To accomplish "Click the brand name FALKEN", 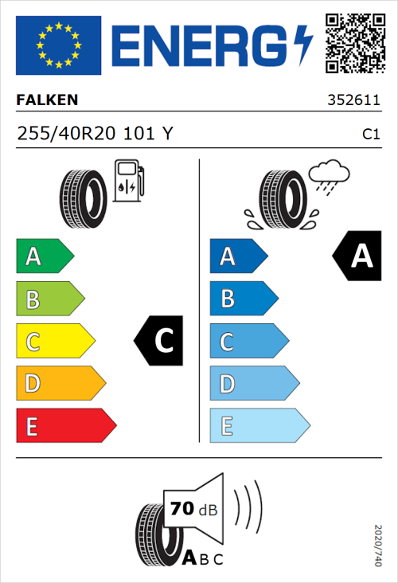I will (x=48, y=100).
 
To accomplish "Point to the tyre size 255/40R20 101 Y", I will (x=95, y=135).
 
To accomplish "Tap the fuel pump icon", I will (x=128, y=181).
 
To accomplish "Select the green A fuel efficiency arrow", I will (x=44, y=256).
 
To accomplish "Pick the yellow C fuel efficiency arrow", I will (x=54, y=342).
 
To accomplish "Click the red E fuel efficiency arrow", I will (x=65, y=427).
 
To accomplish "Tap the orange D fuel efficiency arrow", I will (x=60, y=385).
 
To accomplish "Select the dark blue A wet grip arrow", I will (x=237, y=256).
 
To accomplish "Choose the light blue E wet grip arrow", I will (x=259, y=427).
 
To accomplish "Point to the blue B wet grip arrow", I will (x=244, y=299).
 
